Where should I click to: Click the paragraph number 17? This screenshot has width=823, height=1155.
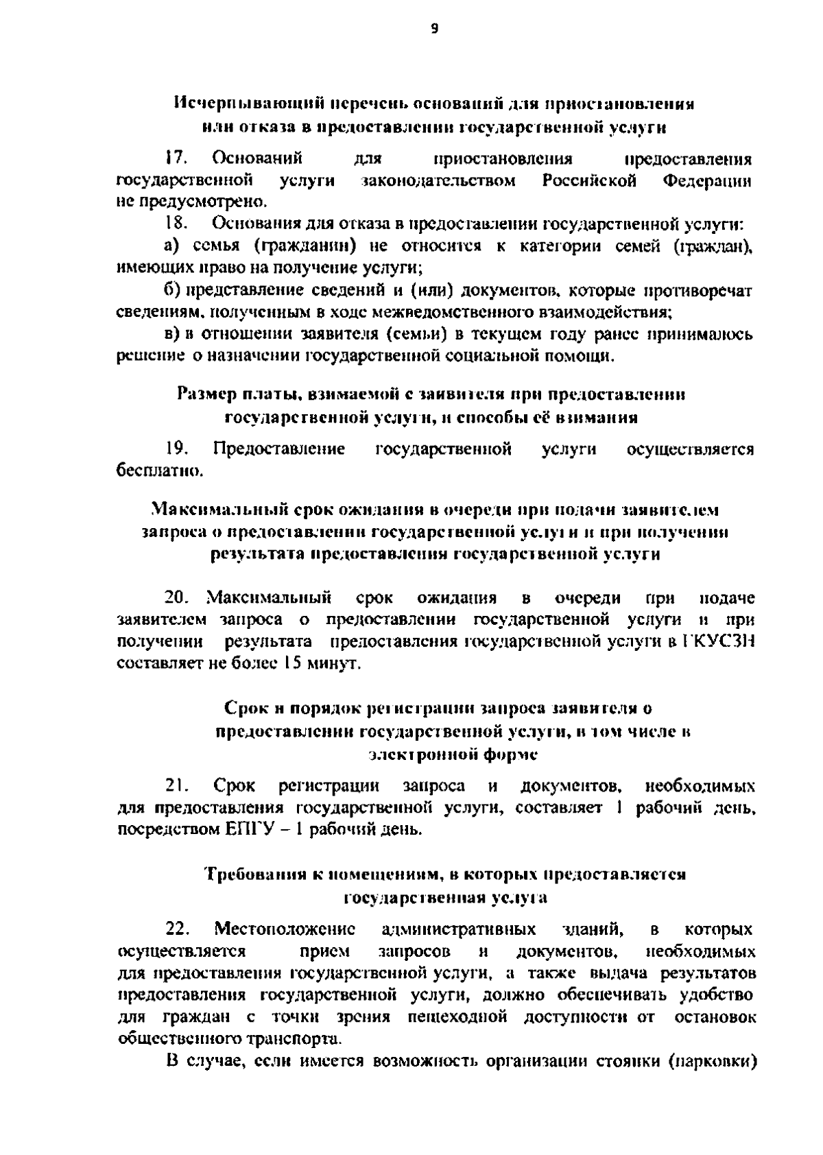[177, 160]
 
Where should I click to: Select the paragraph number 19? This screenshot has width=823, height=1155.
[177, 449]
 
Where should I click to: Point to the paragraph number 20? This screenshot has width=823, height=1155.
[177, 598]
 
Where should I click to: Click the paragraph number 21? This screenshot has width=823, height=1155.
[177, 785]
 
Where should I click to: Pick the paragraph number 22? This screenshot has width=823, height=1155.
[177, 930]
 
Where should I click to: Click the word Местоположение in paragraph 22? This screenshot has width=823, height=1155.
[284, 930]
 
